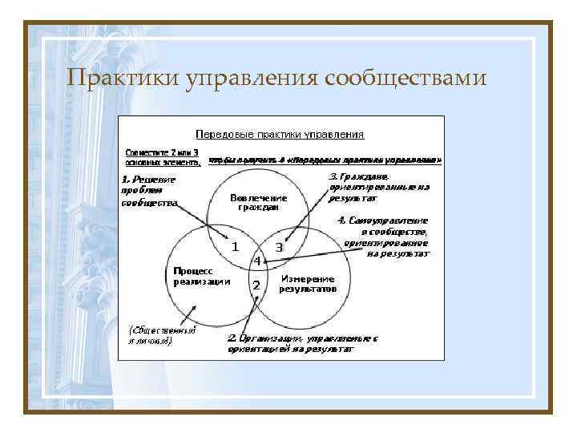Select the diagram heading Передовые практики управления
click(280, 135)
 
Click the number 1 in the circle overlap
click(235, 247)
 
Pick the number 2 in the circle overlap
click(256, 285)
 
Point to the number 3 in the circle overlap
click(278, 248)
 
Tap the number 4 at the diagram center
click(256, 261)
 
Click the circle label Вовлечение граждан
click(258, 202)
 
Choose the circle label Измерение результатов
click(308, 283)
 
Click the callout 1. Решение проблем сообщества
click(149, 191)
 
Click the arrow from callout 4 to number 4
click(313, 256)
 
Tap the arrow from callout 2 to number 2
click(245, 316)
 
